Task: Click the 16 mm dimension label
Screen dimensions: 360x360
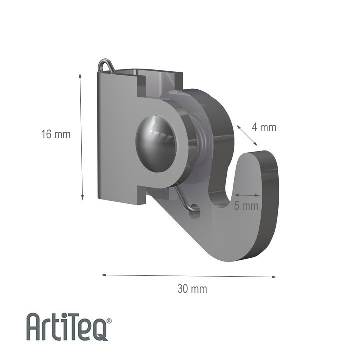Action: (x=56, y=134)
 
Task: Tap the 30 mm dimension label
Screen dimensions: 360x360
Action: (x=192, y=288)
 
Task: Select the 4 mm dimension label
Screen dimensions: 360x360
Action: (x=264, y=127)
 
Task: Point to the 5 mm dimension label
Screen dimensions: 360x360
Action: (x=246, y=206)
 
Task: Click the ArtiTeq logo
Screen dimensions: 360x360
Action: (x=69, y=327)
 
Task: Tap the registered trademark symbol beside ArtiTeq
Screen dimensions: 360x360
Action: (x=109, y=321)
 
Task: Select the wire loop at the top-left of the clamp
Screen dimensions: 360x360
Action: (x=106, y=66)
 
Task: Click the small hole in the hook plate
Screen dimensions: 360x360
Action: (x=195, y=210)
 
